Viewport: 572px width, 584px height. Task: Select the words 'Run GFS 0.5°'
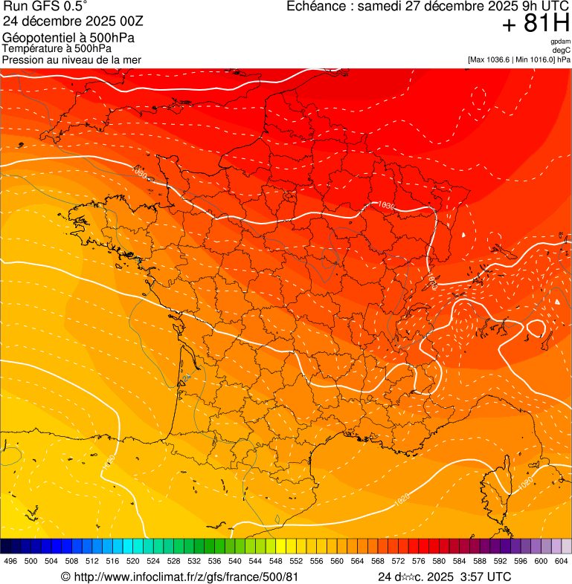(45, 7)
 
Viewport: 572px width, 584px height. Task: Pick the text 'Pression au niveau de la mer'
(71, 59)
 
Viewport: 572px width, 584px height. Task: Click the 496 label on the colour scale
(10, 562)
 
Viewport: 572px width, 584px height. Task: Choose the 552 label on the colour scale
(295, 562)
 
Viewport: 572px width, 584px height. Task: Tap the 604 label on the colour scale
(561, 562)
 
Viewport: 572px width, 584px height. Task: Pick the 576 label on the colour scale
(418, 562)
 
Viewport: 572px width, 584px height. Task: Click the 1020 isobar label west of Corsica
(402, 500)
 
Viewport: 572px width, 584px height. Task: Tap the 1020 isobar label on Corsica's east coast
(524, 484)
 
